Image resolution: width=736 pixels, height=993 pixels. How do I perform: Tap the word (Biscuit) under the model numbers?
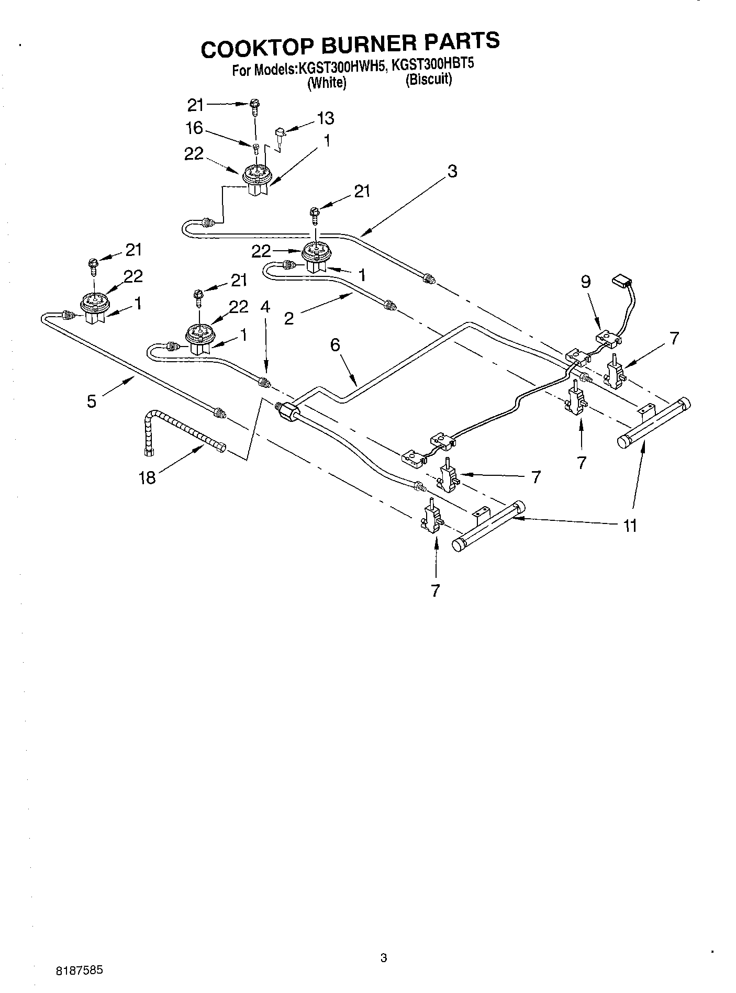click(x=429, y=80)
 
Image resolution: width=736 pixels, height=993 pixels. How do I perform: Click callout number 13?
click(x=325, y=118)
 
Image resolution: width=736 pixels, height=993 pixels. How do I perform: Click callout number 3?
click(x=452, y=171)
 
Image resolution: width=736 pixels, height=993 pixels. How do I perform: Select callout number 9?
click(x=585, y=282)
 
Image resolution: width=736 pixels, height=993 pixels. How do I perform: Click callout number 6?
click(x=335, y=344)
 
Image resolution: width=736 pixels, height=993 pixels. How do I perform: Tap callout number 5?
click(x=92, y=401)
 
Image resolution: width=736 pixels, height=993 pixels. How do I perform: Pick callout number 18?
click(x=148, y=477)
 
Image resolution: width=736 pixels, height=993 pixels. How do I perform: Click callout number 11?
click(x=630, y=526)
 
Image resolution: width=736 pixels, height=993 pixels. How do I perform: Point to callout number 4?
click(x=265, y=307)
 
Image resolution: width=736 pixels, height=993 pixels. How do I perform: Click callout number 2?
click(x=289, y=318)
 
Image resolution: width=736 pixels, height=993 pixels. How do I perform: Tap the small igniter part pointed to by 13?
click(x=280, y=134)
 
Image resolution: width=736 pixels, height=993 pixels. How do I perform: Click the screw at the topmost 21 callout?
click(x=254, y=108)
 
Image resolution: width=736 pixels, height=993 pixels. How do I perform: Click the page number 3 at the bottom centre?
click(x=383, y=958)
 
